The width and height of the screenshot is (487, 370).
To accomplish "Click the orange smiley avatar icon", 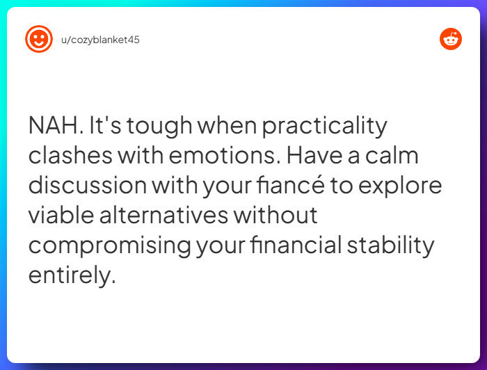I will click(x=38, y=39).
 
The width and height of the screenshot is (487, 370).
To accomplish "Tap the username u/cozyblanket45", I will click(x=100, y=40).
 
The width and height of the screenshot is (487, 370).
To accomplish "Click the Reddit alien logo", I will click(x=451, y=39).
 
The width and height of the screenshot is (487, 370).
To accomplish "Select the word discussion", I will click(x=88, y=186).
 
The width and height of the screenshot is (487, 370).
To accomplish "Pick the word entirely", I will click(x=70, y=275).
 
